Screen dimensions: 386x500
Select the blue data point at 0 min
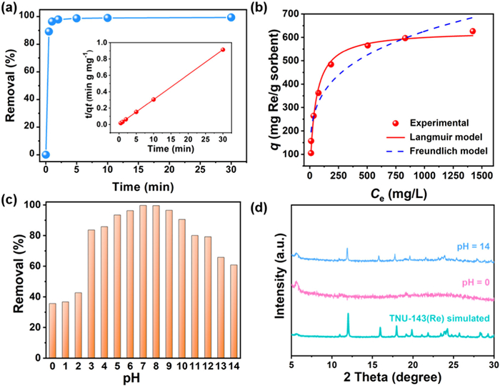(x=46, y=154)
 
